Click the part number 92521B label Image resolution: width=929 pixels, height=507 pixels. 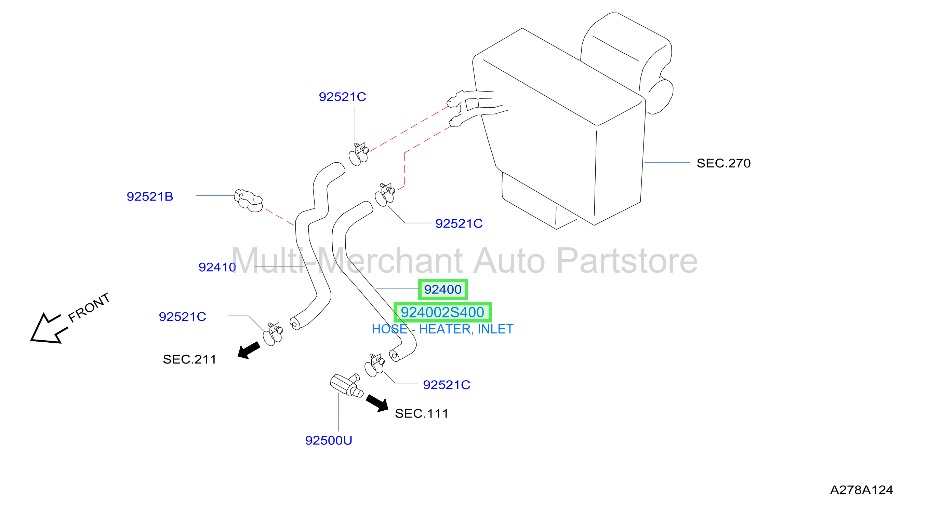click(150, 197)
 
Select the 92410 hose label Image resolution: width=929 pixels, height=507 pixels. click(217, 268)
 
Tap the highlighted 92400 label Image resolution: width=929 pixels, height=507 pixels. click(443, 289)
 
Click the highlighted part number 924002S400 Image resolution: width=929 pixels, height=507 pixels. click(442, 312)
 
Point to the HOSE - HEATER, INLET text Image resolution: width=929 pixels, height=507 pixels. click(442, 329)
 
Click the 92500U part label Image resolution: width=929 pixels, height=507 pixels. click(329, 440)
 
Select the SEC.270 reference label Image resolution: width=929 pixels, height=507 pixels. click(724, 163)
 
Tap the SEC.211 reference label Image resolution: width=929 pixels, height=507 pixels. click(189, 359)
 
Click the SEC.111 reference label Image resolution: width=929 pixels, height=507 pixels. click(422, 413)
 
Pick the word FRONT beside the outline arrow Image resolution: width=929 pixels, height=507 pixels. click(89, 307)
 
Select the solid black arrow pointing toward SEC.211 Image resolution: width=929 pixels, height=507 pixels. click(249, 350)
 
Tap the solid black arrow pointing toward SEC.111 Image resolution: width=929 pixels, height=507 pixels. click(377, 403)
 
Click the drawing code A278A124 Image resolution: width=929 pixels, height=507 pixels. click(861, 490)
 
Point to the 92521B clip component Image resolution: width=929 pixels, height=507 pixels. click(249, 201)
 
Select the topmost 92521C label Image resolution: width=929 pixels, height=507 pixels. click(342, 97)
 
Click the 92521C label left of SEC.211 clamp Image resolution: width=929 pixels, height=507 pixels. click(183, 317)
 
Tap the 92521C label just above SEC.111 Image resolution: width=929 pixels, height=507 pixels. click(447, 385)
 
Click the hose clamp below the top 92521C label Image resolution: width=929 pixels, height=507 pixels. click(358, 154)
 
